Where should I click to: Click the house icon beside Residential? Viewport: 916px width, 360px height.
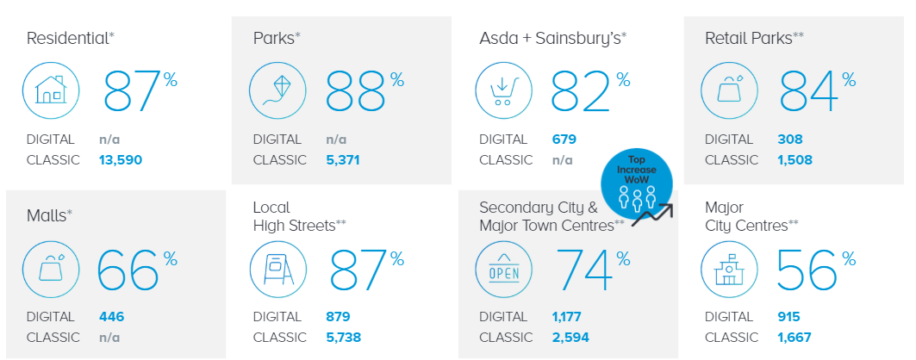point(51,90)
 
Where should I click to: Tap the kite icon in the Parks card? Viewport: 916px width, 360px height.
point(277,90)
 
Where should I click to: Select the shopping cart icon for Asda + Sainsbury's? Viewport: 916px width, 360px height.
point(504,90)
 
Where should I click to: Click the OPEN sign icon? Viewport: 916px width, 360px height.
point(504,269)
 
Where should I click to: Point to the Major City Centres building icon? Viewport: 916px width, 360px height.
point(730,269)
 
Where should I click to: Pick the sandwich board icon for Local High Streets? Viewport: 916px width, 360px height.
point(277,269)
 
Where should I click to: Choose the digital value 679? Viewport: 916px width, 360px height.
point(564,139)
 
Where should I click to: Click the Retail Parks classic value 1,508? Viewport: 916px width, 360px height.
point(794,160)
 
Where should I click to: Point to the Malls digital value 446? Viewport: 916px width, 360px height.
point(111,317)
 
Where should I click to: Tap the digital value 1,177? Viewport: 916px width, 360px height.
point(567,317)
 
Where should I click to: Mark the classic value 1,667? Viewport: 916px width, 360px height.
point(794,338)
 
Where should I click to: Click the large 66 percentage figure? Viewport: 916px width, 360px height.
point(128,270)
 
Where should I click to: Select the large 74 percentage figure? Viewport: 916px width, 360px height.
point(585,270)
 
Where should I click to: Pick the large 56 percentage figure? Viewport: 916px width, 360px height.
point(807,270)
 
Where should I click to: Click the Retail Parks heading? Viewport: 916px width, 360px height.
point(754,38)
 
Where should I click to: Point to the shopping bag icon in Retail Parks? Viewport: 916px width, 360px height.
point(730,90)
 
